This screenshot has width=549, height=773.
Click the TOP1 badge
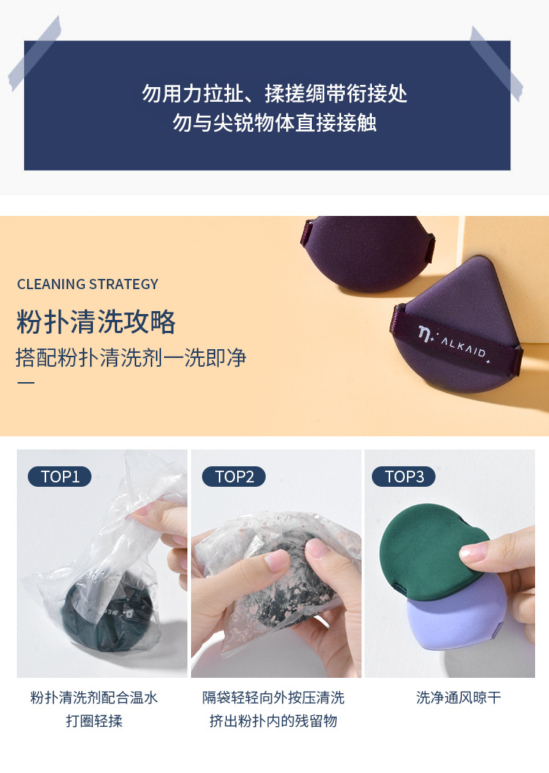tap(59, 477)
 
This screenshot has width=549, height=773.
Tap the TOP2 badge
tap(234, 477)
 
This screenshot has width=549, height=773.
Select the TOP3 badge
tap(403, 477)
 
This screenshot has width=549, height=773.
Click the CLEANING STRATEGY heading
tap(88, 284)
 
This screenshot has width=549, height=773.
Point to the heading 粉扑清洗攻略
tap(96, 322)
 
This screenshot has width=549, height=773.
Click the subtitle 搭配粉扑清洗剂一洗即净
tap(130, 357)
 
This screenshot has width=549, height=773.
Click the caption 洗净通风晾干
tap(459, 698)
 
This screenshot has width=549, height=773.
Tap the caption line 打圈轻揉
tap(94, 721)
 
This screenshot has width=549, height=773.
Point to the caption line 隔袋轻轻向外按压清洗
tap(274, 698)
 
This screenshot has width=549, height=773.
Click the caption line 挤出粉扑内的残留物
tap(274, 721)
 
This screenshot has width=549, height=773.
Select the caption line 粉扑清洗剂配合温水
tap(94, 698)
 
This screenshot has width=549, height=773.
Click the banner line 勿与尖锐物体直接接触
tap(274, 122)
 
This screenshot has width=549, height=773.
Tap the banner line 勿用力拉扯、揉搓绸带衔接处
tap(274, 93)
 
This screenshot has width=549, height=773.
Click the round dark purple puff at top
tap(368, 251)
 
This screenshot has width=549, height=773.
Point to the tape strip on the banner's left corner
tap(34, 53)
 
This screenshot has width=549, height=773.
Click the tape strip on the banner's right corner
tap(496, 63)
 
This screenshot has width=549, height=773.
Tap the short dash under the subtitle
tap(26, 383)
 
